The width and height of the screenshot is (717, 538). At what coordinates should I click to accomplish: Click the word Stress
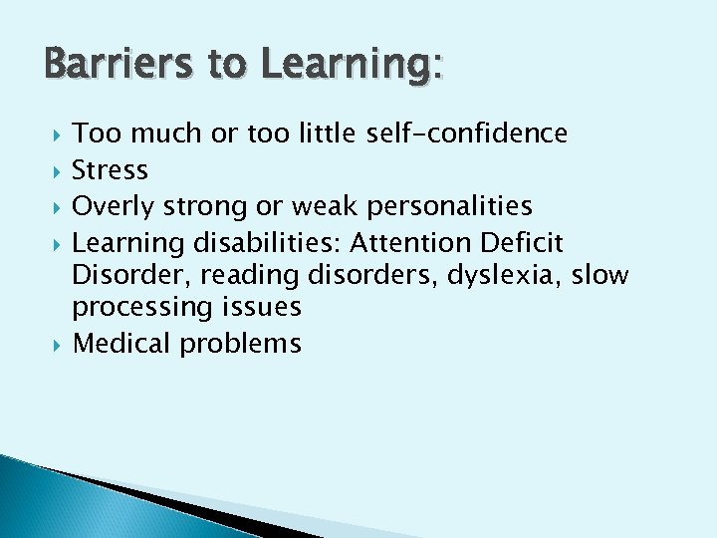point(111,170)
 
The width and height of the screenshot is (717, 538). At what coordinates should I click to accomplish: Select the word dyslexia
point(505,275)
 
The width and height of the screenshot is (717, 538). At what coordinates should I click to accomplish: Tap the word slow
point(600,275)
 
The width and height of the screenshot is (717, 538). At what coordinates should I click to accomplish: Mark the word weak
point(324,207)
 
